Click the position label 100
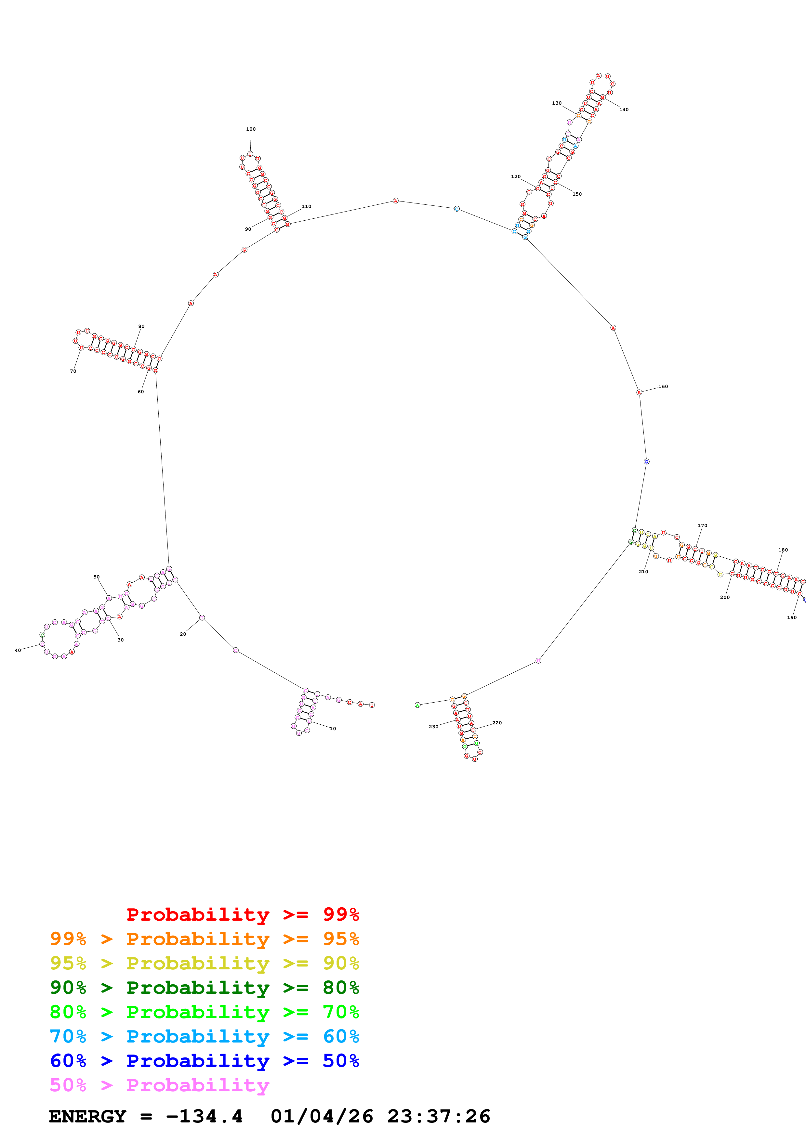(251, 129)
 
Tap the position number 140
(624, 110)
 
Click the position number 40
(18, 651)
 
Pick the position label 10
(333, 729)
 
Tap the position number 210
(643, 572)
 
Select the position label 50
(96, 577)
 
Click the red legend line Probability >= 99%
(242, 914)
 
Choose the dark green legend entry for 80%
(205, 988)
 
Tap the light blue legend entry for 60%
(205, 1036)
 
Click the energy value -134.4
(205, 1117)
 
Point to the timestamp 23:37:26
(439, 1117)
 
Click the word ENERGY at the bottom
(87, 1117)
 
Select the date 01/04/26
(322, 1117)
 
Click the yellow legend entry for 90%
(205, 963)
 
